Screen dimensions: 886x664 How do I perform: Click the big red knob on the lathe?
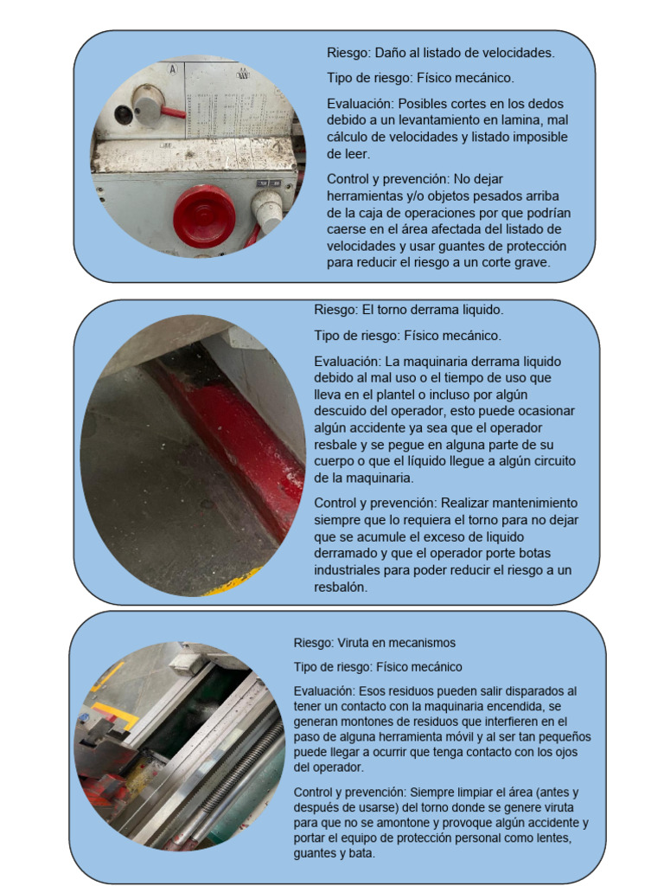coord(204,215)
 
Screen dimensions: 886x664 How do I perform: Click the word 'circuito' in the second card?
coord(550,461)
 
